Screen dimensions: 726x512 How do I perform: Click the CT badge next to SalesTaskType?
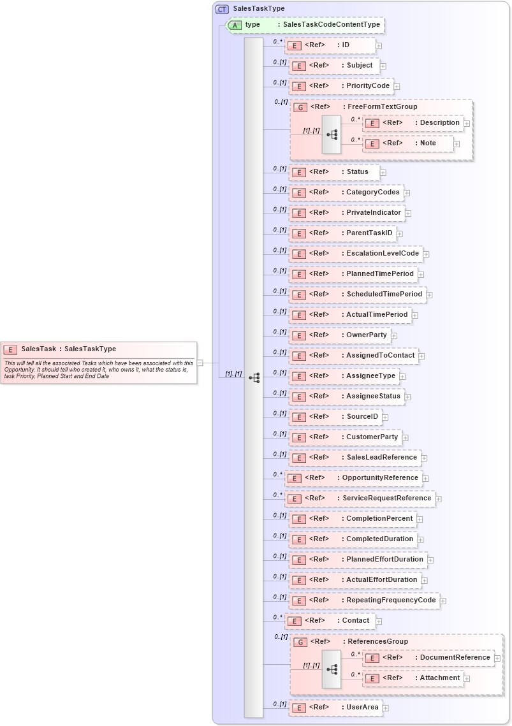click(222, 9)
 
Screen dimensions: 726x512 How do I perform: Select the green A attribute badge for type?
click(235, 25)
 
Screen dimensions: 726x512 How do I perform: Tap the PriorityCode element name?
click(368, 85)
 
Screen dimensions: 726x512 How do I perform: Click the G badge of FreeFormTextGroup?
click(302, 107)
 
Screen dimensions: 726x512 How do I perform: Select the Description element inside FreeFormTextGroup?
click(439, 122)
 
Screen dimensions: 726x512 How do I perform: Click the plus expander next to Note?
click(457, 144)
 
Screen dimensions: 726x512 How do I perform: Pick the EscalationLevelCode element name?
click(383, 253)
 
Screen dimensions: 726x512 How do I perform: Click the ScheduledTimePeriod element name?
click(384, 294)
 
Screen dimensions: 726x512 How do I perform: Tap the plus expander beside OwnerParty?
click(394, 335)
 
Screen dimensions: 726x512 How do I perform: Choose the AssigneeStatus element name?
click(373, 396)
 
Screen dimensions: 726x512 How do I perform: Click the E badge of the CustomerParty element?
click(298, 437)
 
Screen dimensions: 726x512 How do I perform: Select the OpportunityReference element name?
click(380, 477)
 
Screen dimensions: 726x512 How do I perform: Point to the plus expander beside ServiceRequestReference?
click(439, 498)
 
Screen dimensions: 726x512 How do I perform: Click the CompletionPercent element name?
click(379, 518)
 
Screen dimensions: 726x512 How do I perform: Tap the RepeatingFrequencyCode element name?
click(391, 600)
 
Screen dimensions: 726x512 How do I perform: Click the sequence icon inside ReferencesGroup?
click(332, 669)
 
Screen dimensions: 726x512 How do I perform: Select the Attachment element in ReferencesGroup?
click(439, 678)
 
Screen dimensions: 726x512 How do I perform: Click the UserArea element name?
click(362, 707)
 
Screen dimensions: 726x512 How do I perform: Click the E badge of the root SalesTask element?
click(10, 349)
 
